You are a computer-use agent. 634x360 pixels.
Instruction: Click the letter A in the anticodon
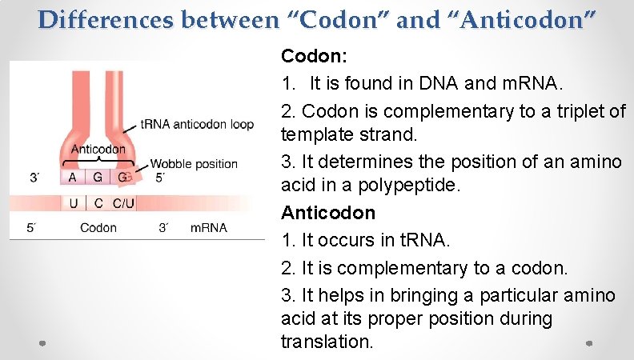pyautogui.click(x=73, y=177)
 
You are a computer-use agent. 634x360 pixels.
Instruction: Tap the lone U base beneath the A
pyautogui.click(x=73, y=203)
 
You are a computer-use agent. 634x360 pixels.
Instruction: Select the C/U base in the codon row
pyautogui.click(x=123, y=203)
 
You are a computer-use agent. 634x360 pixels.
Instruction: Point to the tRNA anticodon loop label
pyautogui.click(x=197, y=125)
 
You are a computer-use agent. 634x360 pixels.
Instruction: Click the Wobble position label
pyautogui.click(x=194, y=164)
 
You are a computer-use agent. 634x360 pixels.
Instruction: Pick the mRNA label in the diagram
pyautogui.click(x=208, y=228)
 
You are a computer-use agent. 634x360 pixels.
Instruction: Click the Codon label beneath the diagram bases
pyautogui.click(x=98, y=228)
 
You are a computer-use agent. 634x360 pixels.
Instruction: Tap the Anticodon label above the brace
pyautogui.click(x=98, y=149)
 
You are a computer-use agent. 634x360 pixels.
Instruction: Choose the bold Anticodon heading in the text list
pyautogui.click(x=328, y=213)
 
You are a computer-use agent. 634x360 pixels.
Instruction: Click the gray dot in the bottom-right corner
pyautogui.click(x=588, y=343)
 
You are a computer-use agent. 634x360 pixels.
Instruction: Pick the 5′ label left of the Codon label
pyautogui.click(x=31, y=228)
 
